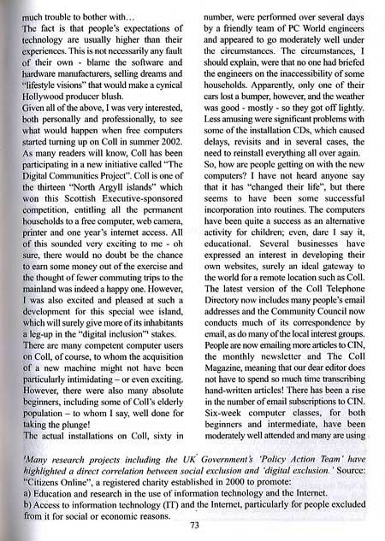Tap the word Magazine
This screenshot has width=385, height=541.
(x=233, y=391)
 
